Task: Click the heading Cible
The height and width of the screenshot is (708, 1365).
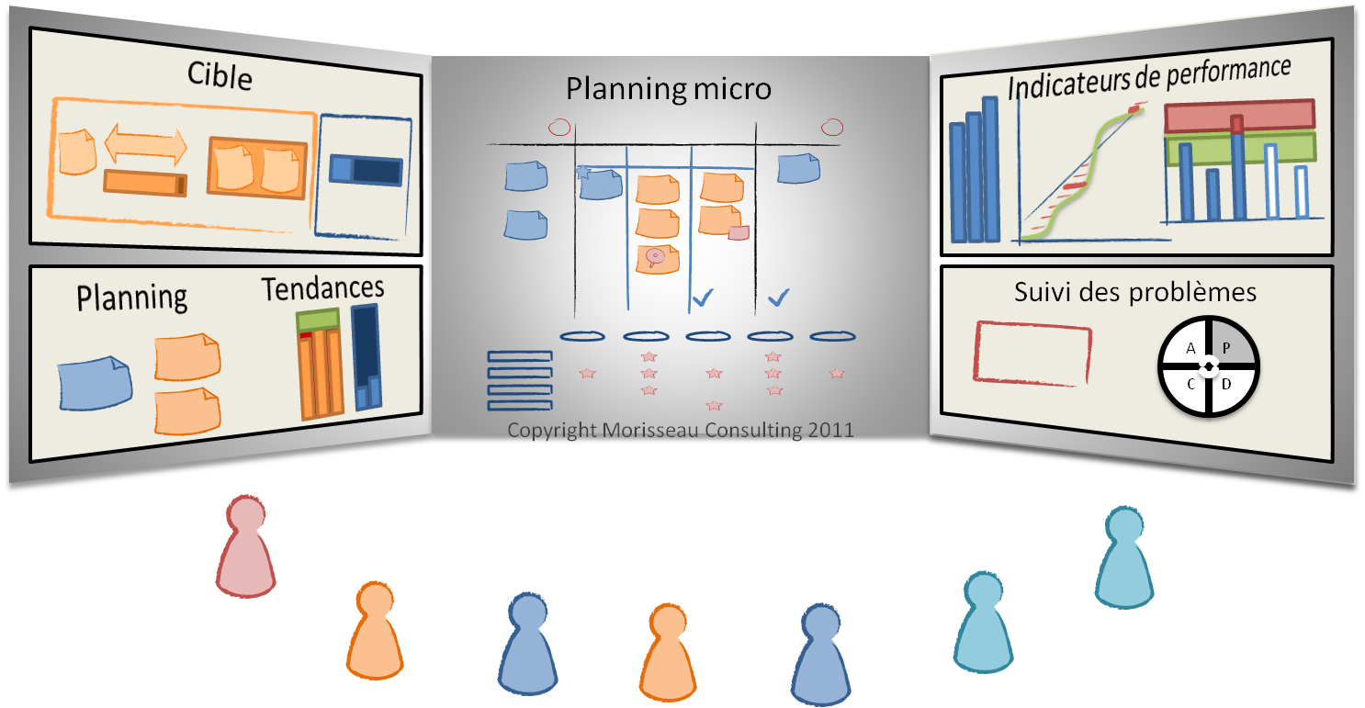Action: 220,75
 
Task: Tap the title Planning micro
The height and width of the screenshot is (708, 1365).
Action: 668,89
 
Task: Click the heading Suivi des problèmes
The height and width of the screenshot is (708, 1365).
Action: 1135,292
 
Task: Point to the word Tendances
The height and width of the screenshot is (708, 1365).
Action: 322,288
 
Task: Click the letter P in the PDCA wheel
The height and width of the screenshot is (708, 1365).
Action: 1226,348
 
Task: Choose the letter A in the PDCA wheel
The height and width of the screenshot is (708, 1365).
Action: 1191,348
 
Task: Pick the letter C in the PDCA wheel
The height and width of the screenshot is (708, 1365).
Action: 1191,384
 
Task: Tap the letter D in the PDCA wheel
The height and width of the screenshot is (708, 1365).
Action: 1226,384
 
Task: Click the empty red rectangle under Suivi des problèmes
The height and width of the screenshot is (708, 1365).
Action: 1032,351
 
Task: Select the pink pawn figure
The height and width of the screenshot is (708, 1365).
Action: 245,546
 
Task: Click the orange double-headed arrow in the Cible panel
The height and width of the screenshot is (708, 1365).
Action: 146,144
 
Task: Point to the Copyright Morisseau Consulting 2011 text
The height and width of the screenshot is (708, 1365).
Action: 680,430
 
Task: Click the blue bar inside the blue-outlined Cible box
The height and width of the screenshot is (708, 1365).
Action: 366,170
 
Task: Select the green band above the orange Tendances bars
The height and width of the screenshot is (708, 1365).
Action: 318,320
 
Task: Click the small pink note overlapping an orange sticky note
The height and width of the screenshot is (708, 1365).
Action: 739,233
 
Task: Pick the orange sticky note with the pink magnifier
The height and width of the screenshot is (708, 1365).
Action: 657,258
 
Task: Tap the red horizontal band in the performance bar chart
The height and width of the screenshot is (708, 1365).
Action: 1239,115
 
